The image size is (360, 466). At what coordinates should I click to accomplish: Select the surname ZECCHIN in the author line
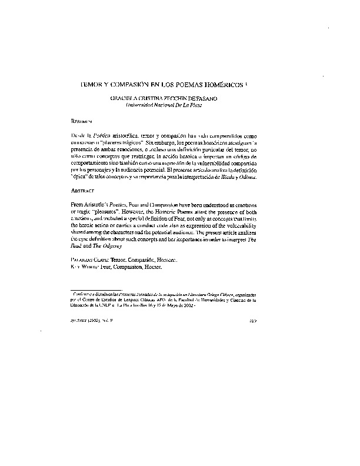pos(180,99)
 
